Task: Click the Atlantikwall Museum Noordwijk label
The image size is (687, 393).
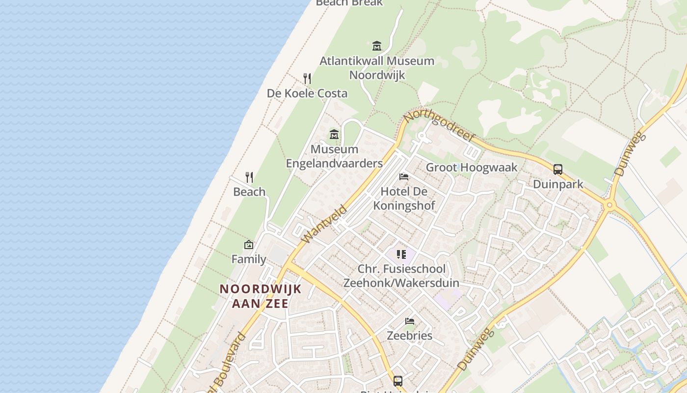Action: [377, 68]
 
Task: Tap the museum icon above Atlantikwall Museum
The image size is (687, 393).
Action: [377, 46]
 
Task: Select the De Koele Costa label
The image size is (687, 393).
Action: [307, 93]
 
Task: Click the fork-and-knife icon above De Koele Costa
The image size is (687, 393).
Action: [307, 78]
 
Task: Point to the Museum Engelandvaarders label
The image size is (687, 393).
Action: [334, 156]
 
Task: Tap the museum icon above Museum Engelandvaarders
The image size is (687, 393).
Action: [334, 134]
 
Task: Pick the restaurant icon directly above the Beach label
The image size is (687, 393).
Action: [249, 177]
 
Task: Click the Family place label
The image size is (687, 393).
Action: [249, 259]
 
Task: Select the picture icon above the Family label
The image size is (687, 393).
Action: [249, 244]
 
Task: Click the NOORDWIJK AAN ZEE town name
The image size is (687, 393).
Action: [260, 296]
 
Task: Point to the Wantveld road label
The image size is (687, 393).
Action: [324, 224]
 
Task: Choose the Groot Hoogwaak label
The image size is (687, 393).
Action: [472, 168]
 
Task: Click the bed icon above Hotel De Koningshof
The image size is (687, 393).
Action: [404, 177]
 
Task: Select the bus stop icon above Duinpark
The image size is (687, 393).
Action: [558, 169]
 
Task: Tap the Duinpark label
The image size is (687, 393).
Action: [558, 184]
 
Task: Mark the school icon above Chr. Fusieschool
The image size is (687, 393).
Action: [401, 254]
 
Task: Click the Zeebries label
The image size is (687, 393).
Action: [410, 336]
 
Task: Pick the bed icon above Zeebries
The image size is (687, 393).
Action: [410, 321]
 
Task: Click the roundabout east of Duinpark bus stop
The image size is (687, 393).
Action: [609, 206]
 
